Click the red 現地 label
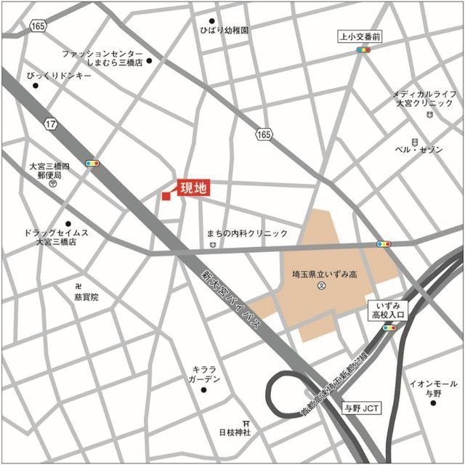193,187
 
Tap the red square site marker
166,195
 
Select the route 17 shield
50,125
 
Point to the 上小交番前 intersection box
360,35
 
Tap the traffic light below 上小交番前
363,50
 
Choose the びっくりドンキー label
59,76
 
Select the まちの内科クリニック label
247,233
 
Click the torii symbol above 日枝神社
247,423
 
